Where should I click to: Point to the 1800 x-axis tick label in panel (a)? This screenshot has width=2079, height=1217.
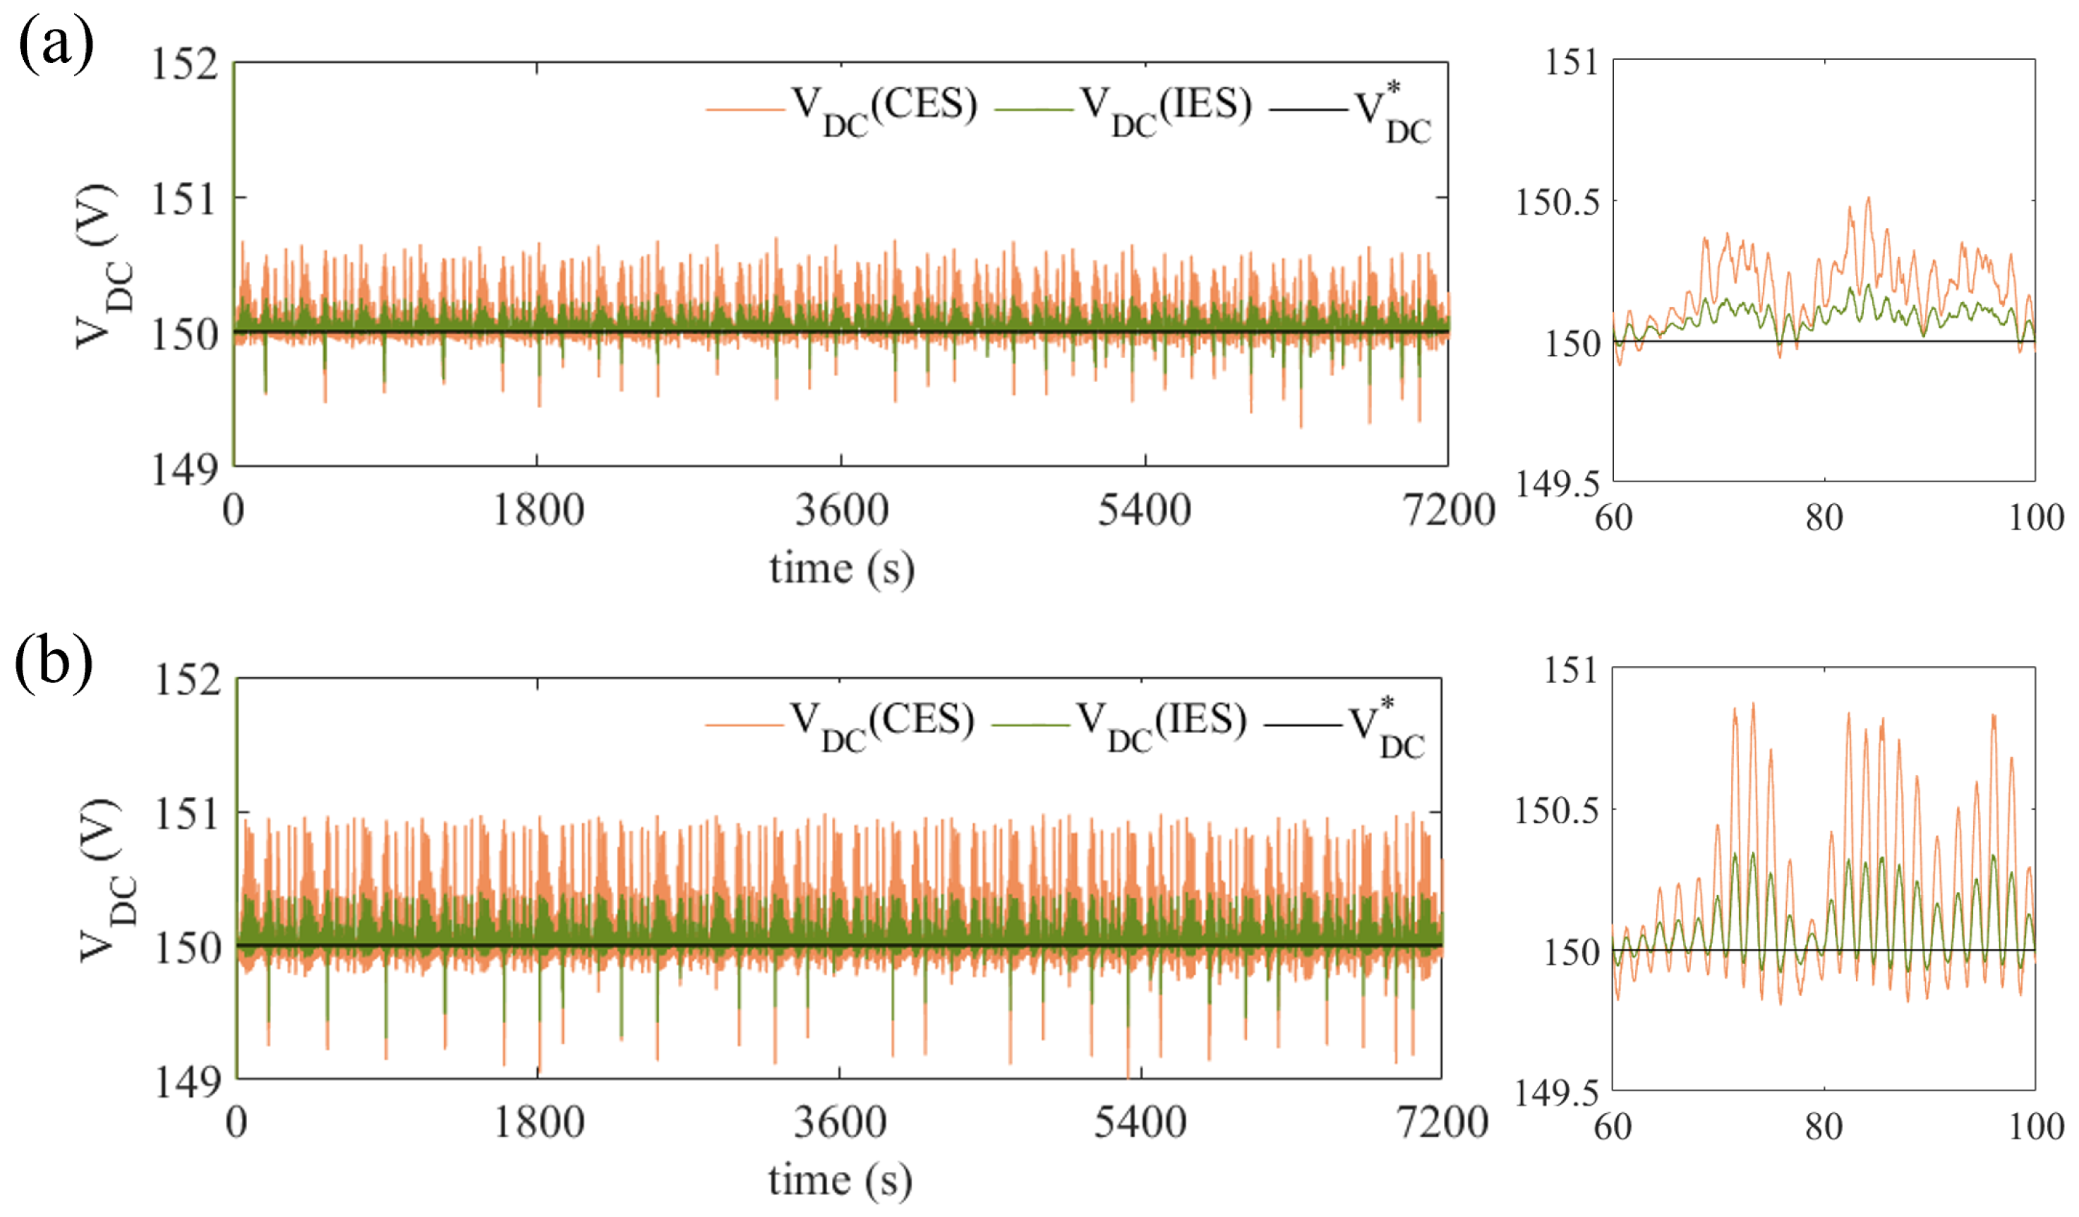pyautogui.click(x=538, y=510)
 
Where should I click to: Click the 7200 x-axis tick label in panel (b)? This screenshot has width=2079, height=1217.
pyautogui.click(x=1444, y=1122)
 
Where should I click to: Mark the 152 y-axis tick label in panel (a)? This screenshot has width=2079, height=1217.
pyautogui.click(x=184, y=64)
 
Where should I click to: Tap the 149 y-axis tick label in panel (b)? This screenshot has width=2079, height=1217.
pyautogui.click(x=188, y=1081)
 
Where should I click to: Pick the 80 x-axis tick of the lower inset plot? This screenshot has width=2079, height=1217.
pyautogui.click(x=1824, y=1126)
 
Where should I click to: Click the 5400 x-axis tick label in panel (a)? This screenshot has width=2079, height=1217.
pyautogui.click(x=1144, y=510)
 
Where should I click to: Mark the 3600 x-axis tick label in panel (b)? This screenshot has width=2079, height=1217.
pyautogui.click(x=840, y=1122)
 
